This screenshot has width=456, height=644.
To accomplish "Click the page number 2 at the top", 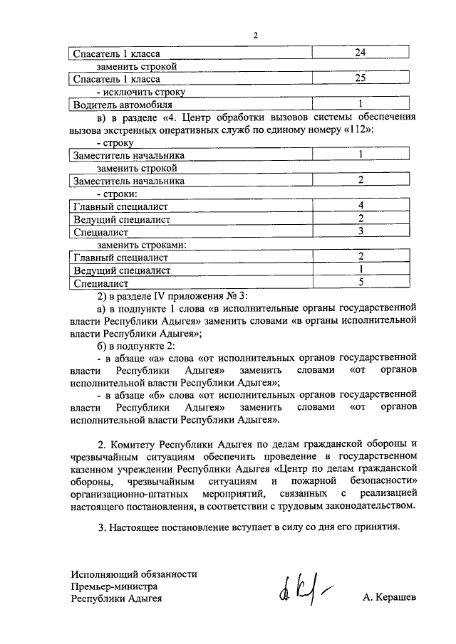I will tap(254, 36).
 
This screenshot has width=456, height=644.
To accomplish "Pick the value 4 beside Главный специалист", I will tap(361, 206).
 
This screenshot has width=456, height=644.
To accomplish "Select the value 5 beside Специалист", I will tap(361, 282).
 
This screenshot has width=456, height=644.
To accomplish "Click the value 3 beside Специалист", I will tap(361, 231).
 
